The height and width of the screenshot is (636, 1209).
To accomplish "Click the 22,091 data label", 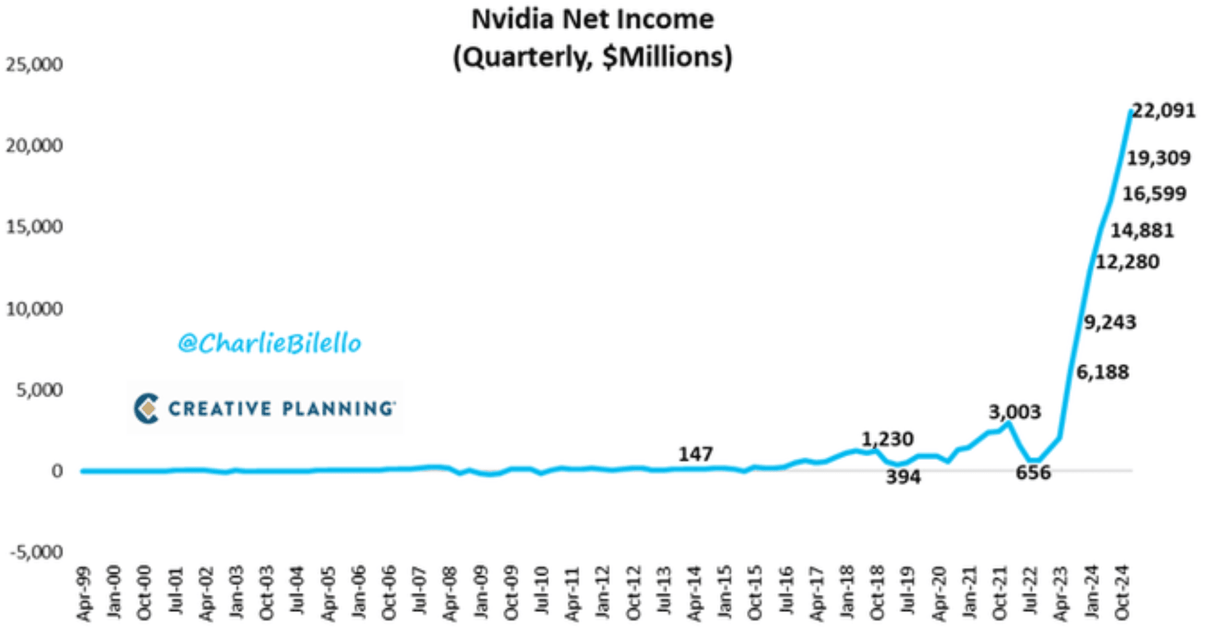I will pos(1164,111).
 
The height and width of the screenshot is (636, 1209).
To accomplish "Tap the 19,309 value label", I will pos(1159,158).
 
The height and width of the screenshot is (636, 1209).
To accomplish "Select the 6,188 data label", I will pos(1103,372).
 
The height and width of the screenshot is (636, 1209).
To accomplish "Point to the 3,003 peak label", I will pos(1014,411).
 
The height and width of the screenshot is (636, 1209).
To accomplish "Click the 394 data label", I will pos(903,477).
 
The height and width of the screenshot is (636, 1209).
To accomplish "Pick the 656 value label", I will pos(1033,472).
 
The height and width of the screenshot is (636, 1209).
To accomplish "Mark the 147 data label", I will pos(696,454).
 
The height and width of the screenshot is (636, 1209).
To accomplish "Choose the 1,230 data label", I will pos(887,439).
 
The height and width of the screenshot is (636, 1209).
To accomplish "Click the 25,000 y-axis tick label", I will pos(34,65).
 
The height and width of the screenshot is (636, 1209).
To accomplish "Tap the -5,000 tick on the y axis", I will pos(36,552).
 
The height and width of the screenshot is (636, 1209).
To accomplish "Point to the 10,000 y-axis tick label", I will pos(34,309).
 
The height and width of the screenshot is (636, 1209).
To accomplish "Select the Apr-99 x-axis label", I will pos(84,594).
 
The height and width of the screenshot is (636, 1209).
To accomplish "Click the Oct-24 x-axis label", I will pos(1122,591).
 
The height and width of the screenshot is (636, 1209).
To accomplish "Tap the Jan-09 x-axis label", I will pos(481,592).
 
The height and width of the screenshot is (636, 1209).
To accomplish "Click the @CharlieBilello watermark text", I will pos(269,343).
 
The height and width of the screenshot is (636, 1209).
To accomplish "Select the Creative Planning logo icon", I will pos(147,408).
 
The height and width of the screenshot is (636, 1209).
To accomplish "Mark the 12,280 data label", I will pos(1127,262).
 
